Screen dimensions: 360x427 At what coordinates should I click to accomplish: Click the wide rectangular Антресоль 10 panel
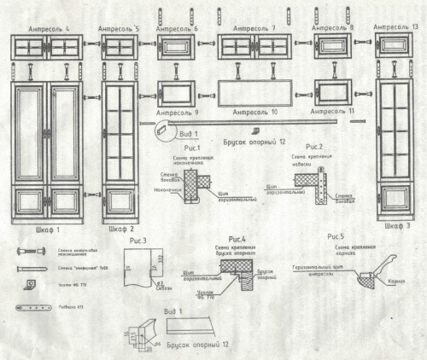255,93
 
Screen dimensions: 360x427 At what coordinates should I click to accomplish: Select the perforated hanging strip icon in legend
32,306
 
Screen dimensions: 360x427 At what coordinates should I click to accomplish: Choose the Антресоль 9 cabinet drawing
176,91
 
